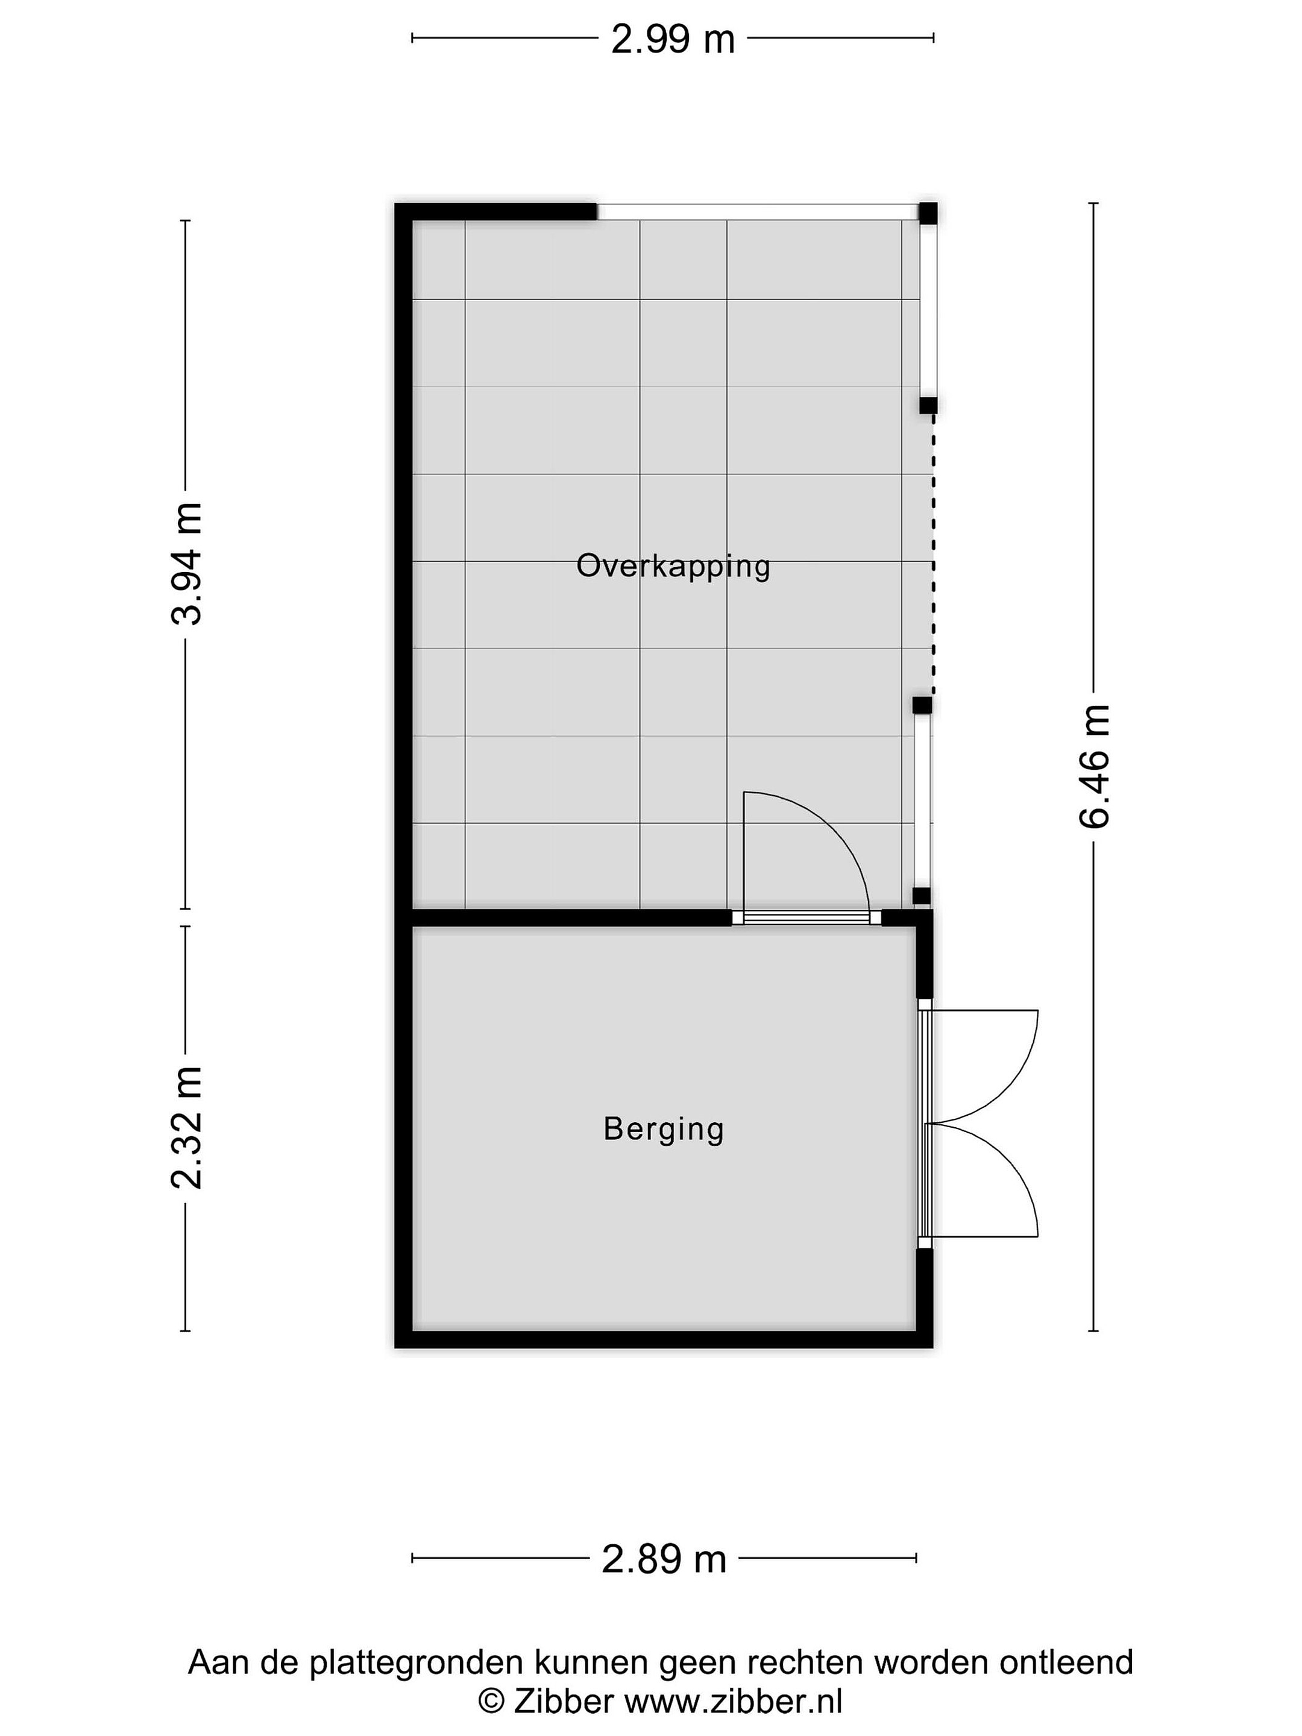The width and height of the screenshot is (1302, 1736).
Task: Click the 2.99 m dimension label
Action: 673,39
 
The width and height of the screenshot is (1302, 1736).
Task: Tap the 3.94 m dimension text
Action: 187,564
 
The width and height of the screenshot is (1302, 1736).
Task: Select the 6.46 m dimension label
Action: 1095,766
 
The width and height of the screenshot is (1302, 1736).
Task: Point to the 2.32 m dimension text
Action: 187,1128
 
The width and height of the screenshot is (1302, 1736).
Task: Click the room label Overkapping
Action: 673,566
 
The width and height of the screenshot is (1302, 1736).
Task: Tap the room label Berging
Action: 663,1130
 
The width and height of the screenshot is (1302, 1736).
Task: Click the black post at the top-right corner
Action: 928,213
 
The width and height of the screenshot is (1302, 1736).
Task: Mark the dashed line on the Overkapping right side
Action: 932,554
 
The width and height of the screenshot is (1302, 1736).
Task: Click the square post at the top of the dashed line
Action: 928,405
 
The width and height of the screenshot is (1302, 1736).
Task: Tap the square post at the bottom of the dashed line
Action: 922,705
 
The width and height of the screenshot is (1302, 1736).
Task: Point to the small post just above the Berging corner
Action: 922,896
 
